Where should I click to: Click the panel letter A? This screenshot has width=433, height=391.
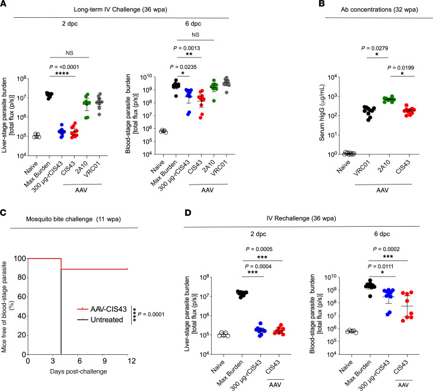click(5, 5)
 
